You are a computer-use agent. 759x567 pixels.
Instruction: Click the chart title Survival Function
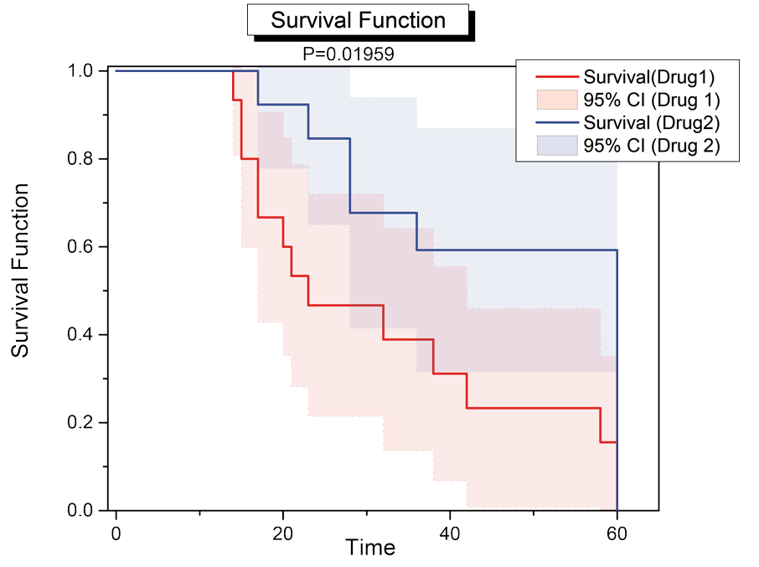click(x=358, y=21)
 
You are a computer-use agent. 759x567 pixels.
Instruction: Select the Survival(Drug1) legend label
click(x=649, y=78)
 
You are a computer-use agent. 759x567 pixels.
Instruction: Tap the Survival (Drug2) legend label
click(x=652, y=124)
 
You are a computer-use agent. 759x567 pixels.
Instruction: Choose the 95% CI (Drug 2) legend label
click(x=653, y=147)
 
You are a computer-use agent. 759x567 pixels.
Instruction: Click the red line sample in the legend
click(x=556, y=78)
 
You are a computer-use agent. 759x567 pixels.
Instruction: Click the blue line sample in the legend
click(x=556, y=124)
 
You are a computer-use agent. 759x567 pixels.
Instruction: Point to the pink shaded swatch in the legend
click(x=556, y=101)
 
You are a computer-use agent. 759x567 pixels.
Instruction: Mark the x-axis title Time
click(x=370, y=548)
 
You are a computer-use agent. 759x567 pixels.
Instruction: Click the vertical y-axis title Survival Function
click(x=21, y=271)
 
